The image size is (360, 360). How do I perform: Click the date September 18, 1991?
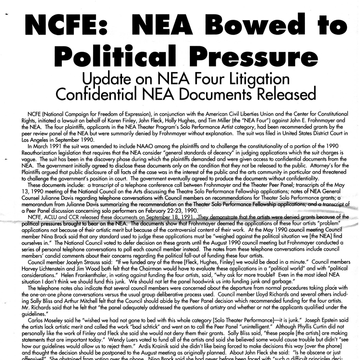170,217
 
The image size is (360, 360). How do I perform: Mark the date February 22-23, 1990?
172,211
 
